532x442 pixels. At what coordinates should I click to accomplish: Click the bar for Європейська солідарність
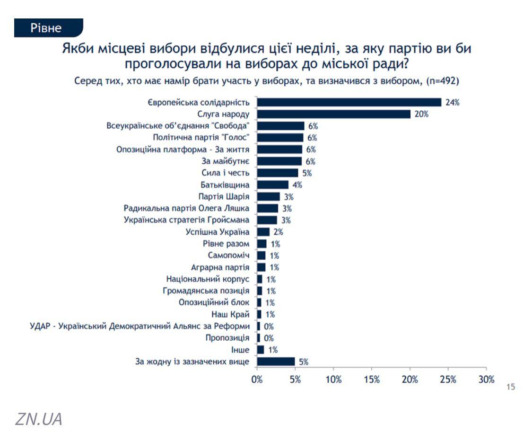(349, 102)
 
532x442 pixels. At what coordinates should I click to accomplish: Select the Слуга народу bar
(333, 114)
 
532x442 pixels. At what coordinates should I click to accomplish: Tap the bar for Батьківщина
(272, 185)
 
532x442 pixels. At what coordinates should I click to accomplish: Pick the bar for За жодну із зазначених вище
(276, 362)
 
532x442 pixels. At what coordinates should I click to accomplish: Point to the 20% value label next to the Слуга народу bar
(421, 115)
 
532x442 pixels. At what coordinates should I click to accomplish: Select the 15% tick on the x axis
(372, 380)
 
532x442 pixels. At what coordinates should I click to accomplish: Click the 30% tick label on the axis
(486, 380)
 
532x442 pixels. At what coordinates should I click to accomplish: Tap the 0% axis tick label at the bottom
(257, 380)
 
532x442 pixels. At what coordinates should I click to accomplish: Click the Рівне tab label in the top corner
(46, 27)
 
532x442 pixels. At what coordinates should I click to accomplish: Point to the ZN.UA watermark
(39, 419)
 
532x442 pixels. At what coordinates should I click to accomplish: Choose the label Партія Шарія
(225, 196)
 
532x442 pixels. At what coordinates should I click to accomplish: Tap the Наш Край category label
(230, 314)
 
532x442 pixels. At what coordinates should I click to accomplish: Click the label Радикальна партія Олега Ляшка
(186, 208)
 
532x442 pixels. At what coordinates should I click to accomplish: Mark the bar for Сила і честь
(278, 173)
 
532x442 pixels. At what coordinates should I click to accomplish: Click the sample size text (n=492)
(443, 81)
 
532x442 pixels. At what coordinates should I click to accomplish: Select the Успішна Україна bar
(263, 232)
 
